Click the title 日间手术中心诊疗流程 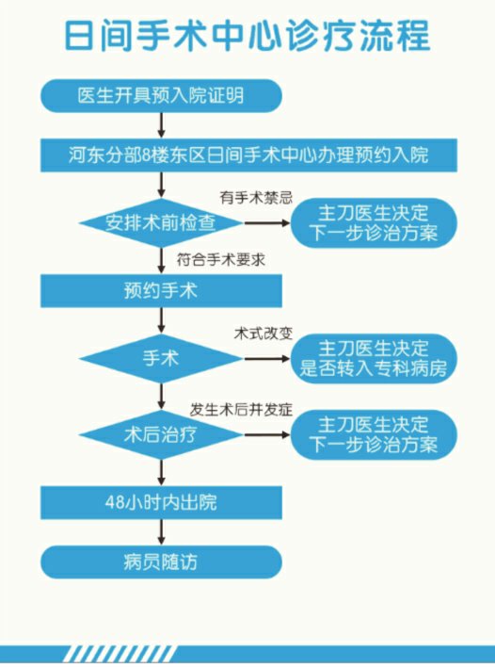pos(247,35)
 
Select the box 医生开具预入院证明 pos(161,96)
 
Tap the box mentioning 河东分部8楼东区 pos(248,155)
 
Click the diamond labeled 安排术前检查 pos(161,222)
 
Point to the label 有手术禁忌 pos(256,198)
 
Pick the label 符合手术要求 pos(221,260)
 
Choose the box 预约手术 pos(161,291)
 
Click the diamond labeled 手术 pos(161,358)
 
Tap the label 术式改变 pos(263,334)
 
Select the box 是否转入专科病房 pos(374,359)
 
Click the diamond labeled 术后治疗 pos(161,435)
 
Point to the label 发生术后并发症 pos(241,410)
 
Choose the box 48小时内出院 pos(161,503)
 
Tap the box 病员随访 pos(161,562)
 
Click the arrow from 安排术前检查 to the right pos(267,222)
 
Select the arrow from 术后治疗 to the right pos(267,435)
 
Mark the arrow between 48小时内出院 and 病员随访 pos(161,532)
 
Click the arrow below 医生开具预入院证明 pos(161,125)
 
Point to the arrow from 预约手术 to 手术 pos(161,320)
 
